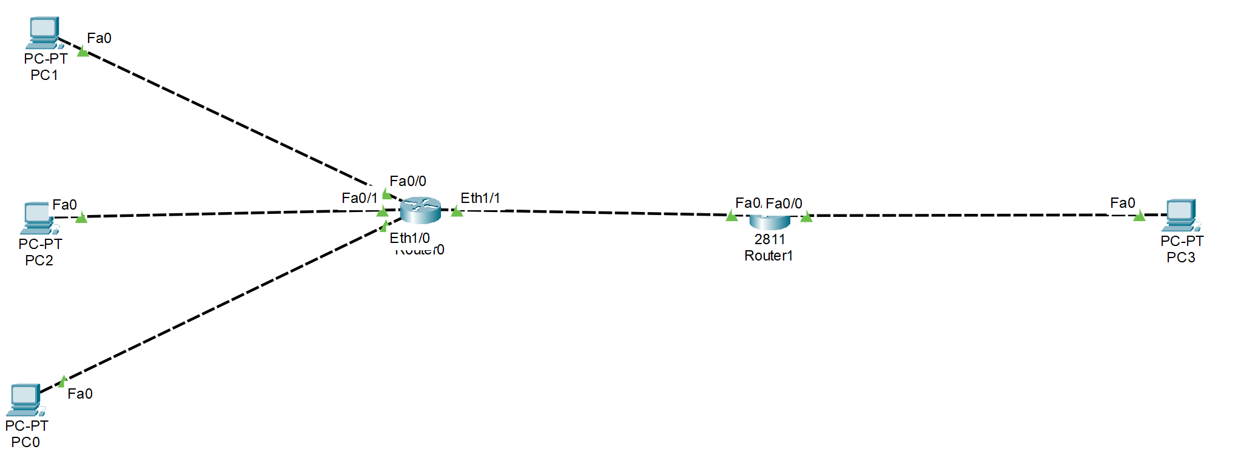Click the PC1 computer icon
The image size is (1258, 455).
tap(44, 32)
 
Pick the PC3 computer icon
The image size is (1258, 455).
tap(1180, 215)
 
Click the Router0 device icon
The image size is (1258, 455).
tap(420, 210)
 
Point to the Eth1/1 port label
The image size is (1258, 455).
tap(480, 198)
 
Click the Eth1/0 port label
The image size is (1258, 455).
tap(409, 238)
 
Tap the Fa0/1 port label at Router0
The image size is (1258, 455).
tap(359, 198)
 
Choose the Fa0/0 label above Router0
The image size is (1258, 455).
tap(408, 181)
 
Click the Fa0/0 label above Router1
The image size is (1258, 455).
tap(784, 204)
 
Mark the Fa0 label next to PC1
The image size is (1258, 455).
tap(99, 38)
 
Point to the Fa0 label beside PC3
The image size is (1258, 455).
tap(1122, 203)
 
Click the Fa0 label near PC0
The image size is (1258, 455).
tap(79, 394)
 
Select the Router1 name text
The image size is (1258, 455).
tap(769, 256)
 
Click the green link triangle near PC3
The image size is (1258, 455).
tap(1139, 216)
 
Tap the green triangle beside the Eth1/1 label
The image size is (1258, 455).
tap(457, 211)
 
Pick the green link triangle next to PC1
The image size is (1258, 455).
tap(83, 52)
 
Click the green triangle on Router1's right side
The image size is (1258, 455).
tap(806, 217)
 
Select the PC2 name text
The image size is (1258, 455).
tap(39, 261)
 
